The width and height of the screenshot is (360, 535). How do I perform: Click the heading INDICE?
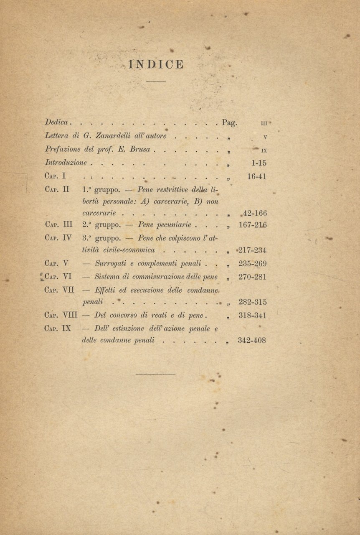(x=156, y=64)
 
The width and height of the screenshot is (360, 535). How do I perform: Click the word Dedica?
(x=57, y=123)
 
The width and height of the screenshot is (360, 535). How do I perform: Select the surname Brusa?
(x=142, y=149)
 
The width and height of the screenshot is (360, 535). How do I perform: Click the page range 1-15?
(x=256, y=163)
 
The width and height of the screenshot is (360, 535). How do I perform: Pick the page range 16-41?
(x=256, y=176)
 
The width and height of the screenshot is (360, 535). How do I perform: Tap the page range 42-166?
(x=255, y=214)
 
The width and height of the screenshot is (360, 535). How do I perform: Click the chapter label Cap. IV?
(x=58, y=237)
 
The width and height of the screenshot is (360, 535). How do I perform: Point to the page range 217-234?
(x=252, y=251)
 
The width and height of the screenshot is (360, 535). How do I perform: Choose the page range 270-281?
(x=252, y=277)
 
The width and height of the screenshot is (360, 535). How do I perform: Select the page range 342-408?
(x=252, y=340)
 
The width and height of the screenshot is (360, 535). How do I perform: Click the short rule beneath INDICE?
(x=156, y=81)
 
